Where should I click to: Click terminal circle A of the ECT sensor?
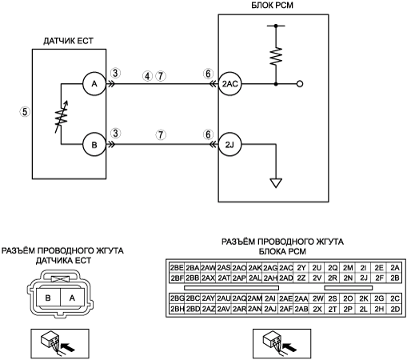pos(94,84)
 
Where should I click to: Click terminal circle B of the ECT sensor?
pos(94,145)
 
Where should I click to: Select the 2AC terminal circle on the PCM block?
pos(229,84)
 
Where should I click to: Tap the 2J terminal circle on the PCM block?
pos(229,145)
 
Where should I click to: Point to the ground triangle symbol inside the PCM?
pos(276,183)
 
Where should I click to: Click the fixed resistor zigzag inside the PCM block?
pos(276,56)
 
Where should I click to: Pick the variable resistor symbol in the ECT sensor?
pos(62,116)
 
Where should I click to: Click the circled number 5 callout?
pos(25,111)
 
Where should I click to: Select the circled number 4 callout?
pos(147,76)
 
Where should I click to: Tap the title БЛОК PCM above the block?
pos(272,6)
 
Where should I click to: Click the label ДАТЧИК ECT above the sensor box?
pos(69,41)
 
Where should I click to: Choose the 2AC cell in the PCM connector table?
pos(286,268)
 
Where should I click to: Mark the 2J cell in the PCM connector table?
pos(364,278)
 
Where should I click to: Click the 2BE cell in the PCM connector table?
pos(177,268)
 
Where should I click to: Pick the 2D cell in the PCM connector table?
pos(395,309)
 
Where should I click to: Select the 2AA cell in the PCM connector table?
pos(301,299)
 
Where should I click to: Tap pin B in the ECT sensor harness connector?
pos(48,298)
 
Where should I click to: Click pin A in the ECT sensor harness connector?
pos(72,298)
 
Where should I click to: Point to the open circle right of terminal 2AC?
pos(300,84)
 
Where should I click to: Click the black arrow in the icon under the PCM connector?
pos(289,346)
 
